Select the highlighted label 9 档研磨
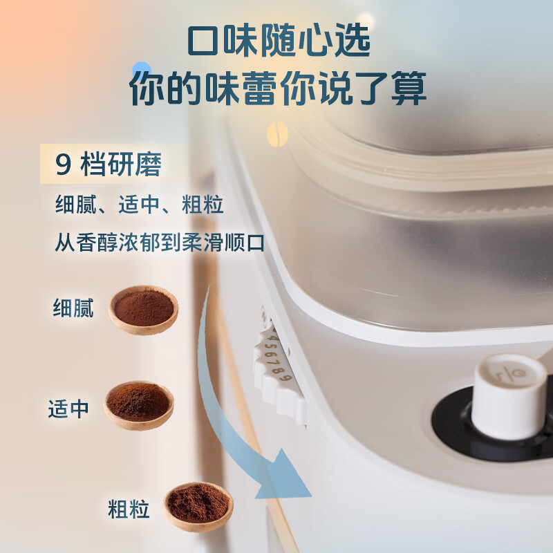coord(109,166)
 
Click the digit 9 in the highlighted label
coord(63,167)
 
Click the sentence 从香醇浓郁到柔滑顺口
coord(160,243)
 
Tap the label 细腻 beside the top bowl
coord(73,308)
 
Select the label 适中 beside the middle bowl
coord(68,409)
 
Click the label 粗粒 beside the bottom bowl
coord(129,510)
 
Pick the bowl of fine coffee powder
coord(143,309)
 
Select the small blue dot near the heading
coord(142,68)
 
